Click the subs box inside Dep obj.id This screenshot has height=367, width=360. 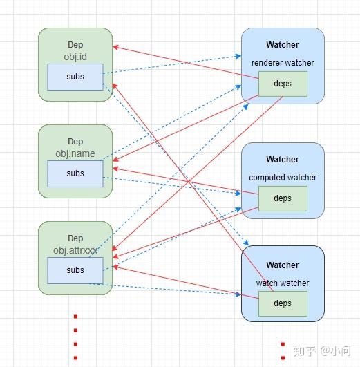(75, 77)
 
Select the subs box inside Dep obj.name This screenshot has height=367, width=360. (75, 173)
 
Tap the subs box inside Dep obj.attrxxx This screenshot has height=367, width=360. (75, 270)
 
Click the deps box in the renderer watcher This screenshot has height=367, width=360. (282, 84)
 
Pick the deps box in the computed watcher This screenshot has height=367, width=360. (282, 198)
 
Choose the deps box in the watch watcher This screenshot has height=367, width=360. (282, 303)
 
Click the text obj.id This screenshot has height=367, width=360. (75, 56)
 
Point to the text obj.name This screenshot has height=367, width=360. (75, 153)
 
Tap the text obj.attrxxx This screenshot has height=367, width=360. (75, 250)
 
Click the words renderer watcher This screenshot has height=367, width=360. (282, 63)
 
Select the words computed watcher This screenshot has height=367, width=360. (282, 178)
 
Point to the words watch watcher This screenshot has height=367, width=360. (282, 283)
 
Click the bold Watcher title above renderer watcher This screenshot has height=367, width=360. (282, 45)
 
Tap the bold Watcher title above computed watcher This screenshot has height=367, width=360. (282, 160)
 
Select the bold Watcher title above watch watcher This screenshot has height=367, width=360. (282, 265)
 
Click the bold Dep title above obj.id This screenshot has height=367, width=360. (75, 45)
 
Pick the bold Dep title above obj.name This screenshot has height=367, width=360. (75, 142)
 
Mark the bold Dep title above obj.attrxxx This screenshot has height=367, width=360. (75, 238)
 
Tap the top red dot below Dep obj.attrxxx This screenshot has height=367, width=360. (75, 317)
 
